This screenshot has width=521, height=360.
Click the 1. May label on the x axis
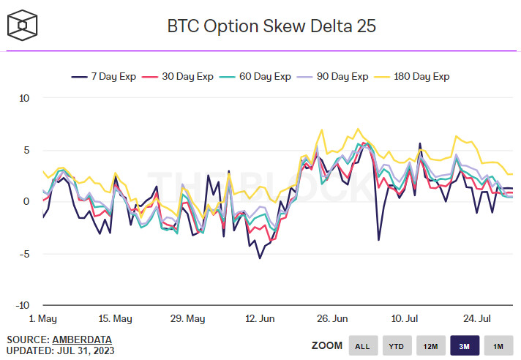click(x=42, y=319)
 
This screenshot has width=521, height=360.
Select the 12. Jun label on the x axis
click(x=260, y=319)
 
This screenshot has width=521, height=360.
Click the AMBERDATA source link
click(x=82, y=340)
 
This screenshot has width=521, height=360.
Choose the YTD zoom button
click(x=396, y=346)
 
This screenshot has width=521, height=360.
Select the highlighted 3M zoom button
click(x=464, y=346)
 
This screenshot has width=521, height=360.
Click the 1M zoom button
click(x=498, y=346)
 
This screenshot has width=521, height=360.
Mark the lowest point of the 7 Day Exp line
click(x=259, y=258)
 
